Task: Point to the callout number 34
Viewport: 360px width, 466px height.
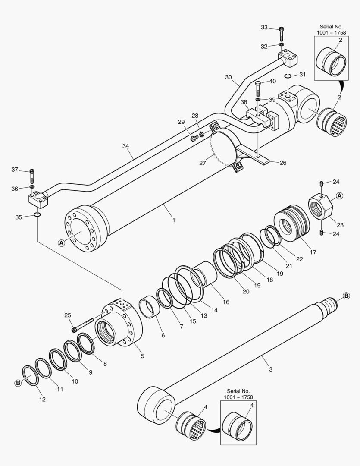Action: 125,146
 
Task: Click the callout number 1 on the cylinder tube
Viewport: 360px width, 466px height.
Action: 173,220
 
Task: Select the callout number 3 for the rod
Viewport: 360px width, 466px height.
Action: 270,369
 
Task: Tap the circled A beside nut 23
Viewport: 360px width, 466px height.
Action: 339,196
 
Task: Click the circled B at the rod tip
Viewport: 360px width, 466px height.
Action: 347,296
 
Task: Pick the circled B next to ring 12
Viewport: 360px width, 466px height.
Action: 18,383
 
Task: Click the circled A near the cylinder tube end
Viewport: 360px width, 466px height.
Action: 62,243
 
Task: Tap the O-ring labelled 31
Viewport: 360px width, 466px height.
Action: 288,76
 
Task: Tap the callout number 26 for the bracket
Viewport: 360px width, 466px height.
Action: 283,163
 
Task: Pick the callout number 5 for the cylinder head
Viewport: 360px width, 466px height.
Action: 142,356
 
